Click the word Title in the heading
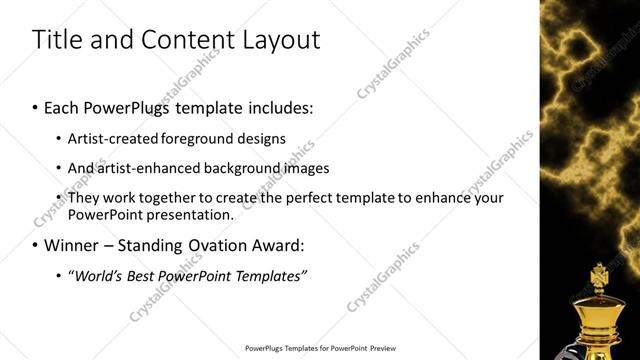[54, 40]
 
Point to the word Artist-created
[114, 138]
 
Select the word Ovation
[210, 245]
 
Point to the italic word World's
[96, 275]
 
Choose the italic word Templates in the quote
[267, 275]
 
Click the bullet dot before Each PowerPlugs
[36, 107]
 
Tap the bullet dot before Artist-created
[60, 139]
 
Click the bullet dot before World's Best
[60, 276]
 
